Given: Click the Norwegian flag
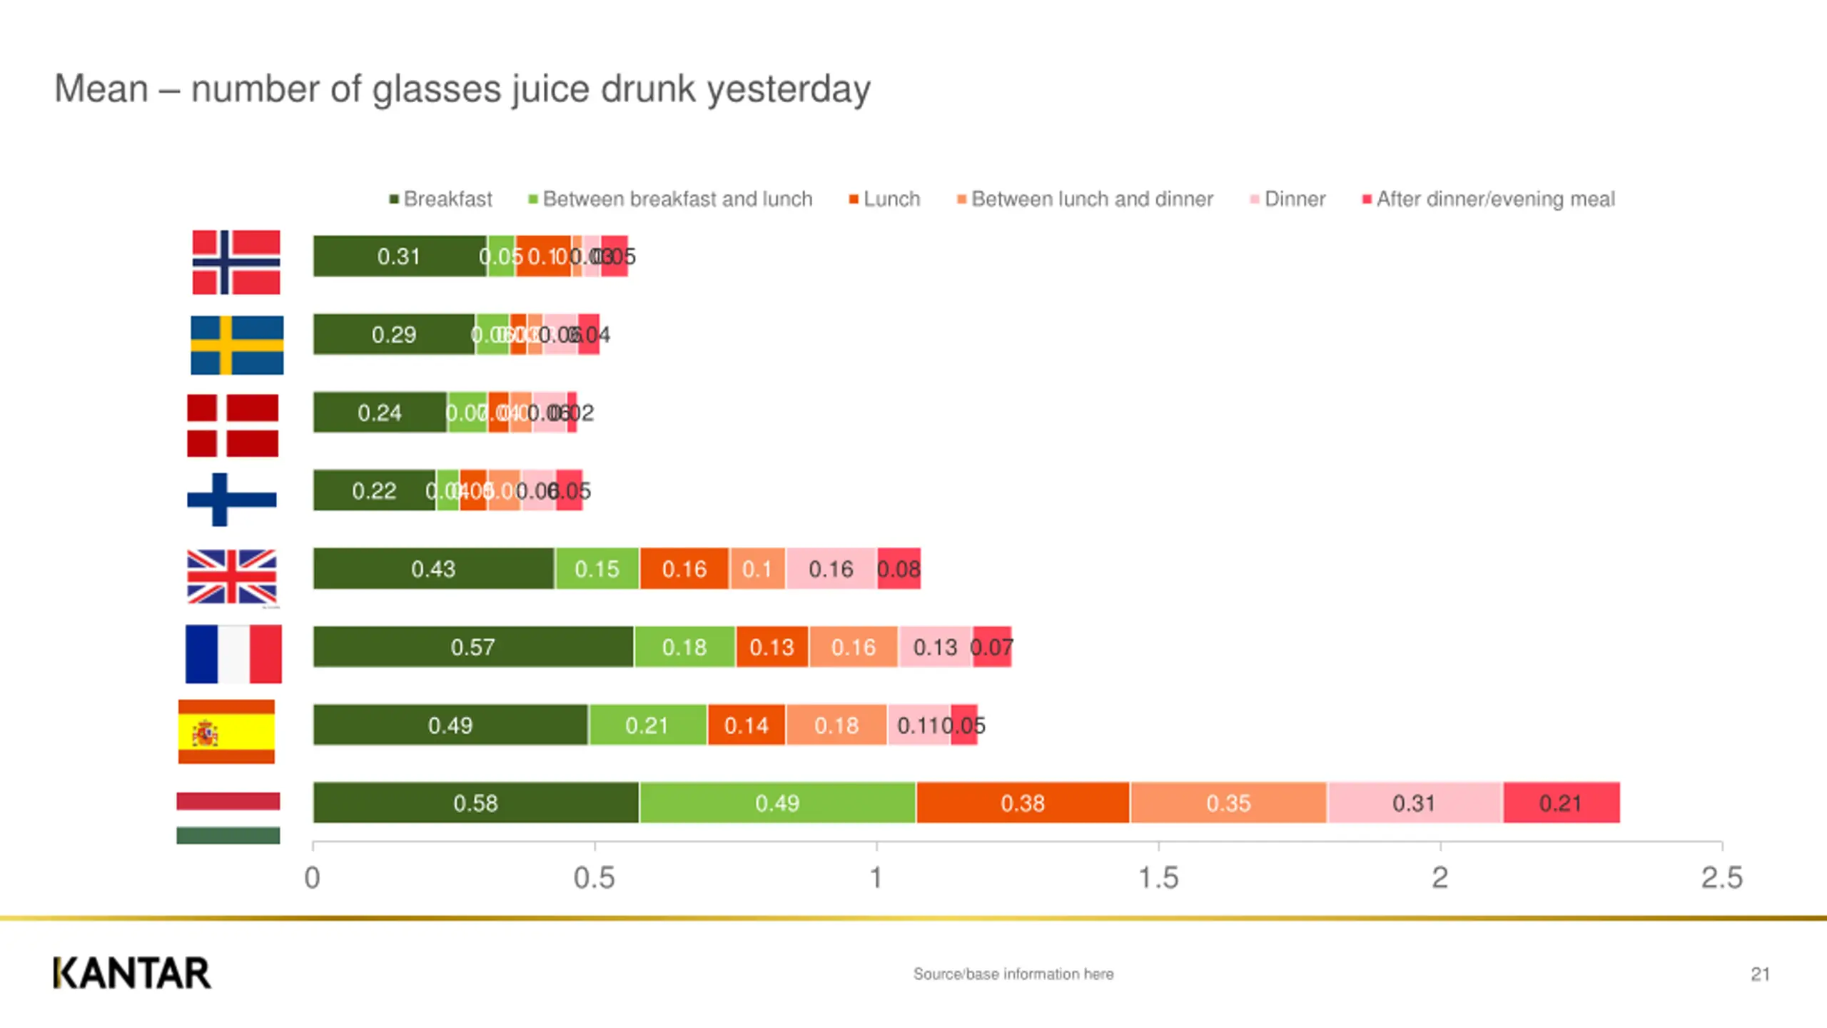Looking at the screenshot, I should [x=236, y=262].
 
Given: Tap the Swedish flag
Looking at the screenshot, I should [x=237, y=345].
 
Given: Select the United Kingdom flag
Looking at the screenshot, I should [x=232, y=577].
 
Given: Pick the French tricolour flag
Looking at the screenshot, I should [x=233, y=654].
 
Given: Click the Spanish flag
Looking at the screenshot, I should [x=226, y=732].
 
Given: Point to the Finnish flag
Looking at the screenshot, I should [x=231, y=500].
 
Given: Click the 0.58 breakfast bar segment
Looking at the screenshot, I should [x=476, y=803].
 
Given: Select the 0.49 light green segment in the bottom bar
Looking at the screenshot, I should [x=777, y=803].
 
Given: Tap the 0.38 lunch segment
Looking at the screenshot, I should [x=1023, y=803].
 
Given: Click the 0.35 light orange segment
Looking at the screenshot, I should [x=1228, y=803].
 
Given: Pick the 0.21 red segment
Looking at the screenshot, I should [x=1561, y=803].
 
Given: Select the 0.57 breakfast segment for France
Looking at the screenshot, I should [x=472, y=647].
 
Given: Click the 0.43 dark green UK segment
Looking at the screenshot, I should [x=433, y=569].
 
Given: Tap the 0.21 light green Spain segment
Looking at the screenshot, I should [x=647, y=725].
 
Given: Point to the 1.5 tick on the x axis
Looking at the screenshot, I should [x=1158, y=878].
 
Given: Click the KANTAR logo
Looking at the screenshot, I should [x=132, y=973].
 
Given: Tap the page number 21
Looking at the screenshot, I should [x=1760, y=974].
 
